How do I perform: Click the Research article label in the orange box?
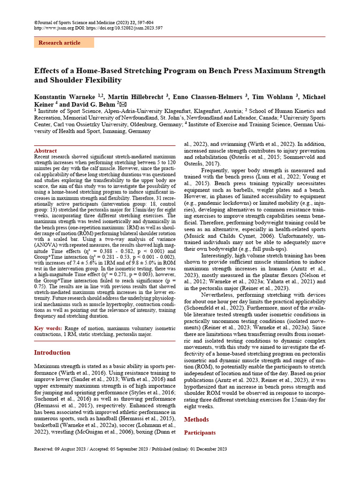59,43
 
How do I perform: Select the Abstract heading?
45,151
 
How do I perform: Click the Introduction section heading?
52,352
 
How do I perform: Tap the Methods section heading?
196,419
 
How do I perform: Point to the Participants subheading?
200,433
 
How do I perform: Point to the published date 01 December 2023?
208,449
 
